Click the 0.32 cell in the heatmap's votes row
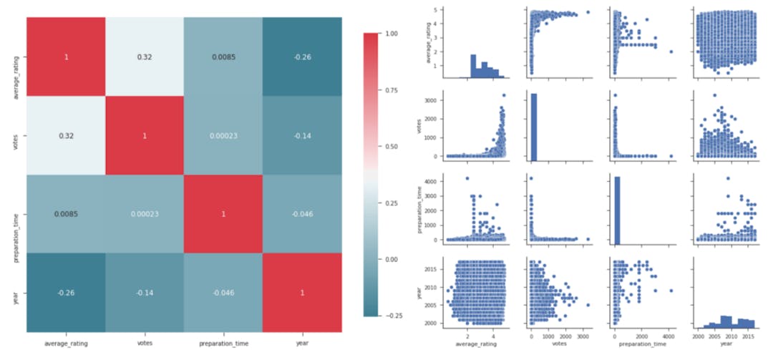point(66,135)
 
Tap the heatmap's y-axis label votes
point(15,135)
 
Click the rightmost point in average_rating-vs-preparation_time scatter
point(671,52)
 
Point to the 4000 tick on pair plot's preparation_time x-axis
point(670,335)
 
